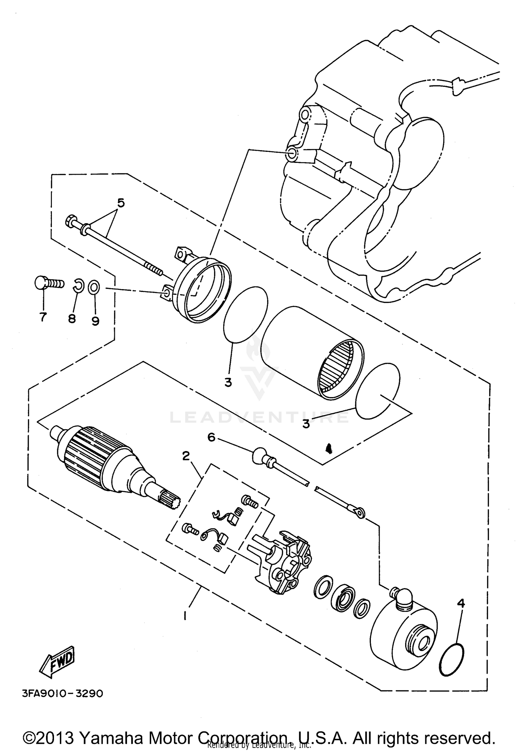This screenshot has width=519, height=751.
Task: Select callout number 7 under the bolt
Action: pos(43,317)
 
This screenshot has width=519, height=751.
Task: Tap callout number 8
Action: pos(72,318)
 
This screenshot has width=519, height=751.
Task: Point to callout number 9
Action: pos(95,321)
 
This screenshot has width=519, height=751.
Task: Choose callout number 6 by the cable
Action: pos(211,437)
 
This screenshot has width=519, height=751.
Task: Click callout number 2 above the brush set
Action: pos(186,456)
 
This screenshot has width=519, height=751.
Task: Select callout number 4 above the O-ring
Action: pos(461,603)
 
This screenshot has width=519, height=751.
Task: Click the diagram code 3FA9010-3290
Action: pos(59,694)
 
